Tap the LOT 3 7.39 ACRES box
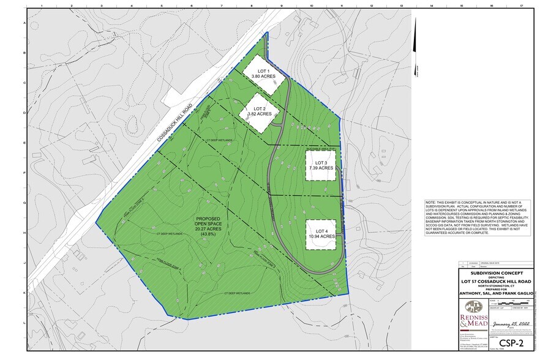click(321, 165)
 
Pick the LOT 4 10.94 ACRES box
click(321, 233)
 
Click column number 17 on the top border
click(521, 6)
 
